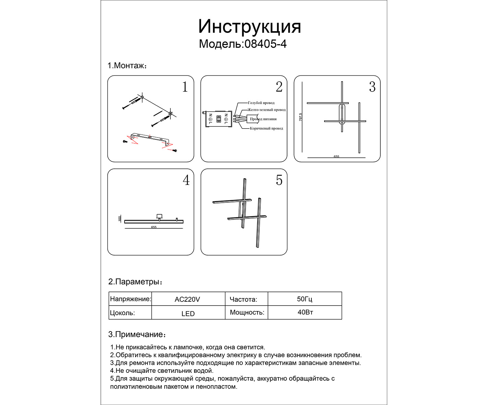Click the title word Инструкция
(x=249, y=26)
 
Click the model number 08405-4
(x=265, y=44)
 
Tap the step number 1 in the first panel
(x=185, y=87)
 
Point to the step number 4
(x=186, y=180)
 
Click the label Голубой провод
(x=261, y=103)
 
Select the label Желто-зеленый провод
(x=266, y=110)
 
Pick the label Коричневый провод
(x=266, y=128)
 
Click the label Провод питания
(x=263, y=119)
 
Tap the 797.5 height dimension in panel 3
(x=301, y=117)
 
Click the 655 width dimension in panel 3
(x=336, y=156)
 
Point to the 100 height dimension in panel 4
(x=120, y=218)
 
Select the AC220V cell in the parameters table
(x=187, y=299)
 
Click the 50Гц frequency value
(x=305, y=299)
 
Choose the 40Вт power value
(x=305, y=312)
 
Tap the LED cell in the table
(x=188, y=313)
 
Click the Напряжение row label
(x=130, y=299)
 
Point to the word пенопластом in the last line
(x=216, y=386)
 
